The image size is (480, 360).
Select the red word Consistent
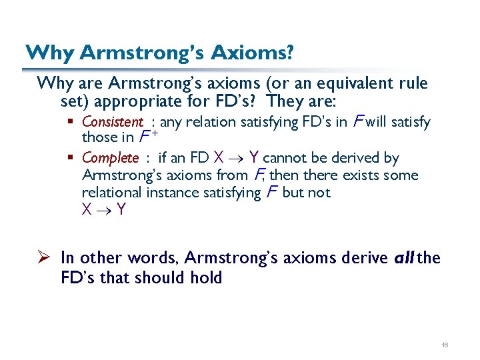112,122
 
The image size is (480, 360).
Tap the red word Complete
110,158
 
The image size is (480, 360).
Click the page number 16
445,344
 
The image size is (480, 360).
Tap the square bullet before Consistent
74,122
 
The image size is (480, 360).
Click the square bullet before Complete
74,158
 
